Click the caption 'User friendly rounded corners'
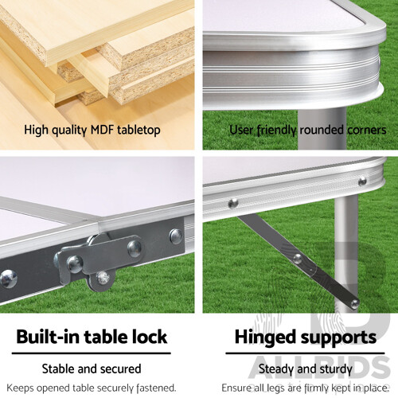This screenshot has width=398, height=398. pos(307,129)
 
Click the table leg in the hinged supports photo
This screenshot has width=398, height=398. pos(345,255)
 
